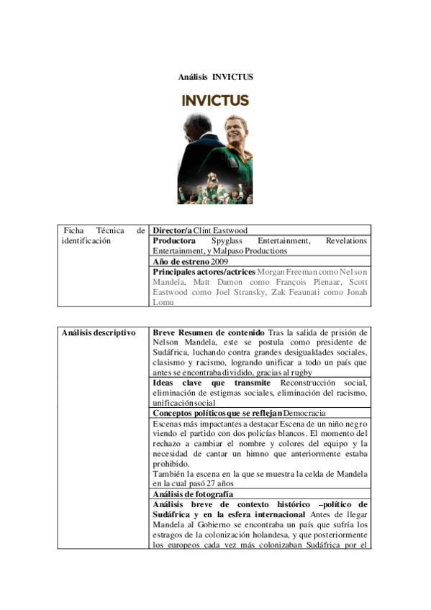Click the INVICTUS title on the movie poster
215,100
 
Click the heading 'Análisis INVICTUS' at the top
215,77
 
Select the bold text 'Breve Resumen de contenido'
209,332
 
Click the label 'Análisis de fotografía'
193,495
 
